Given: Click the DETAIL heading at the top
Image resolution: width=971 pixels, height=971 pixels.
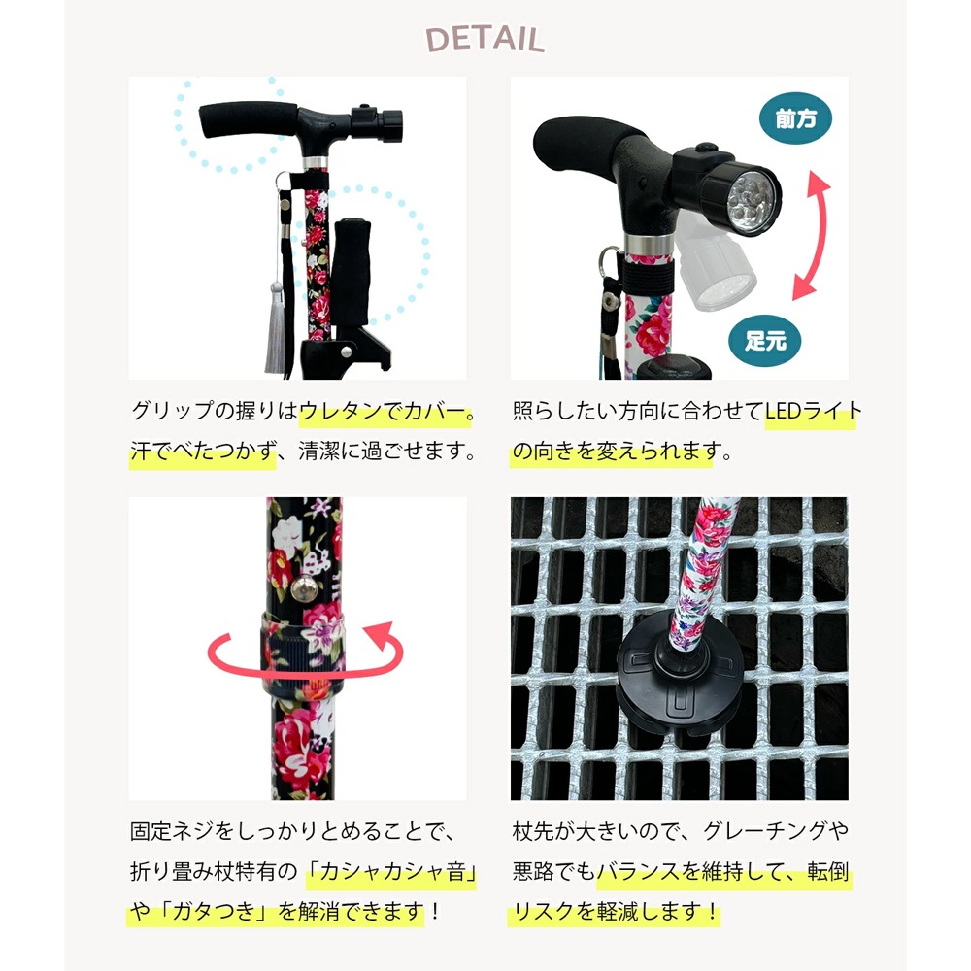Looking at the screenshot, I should tap(485, 39).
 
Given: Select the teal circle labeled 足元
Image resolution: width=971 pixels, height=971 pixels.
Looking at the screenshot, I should tap(765, 340).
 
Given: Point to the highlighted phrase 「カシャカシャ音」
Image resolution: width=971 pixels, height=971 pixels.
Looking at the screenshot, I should tap(391, 874).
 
